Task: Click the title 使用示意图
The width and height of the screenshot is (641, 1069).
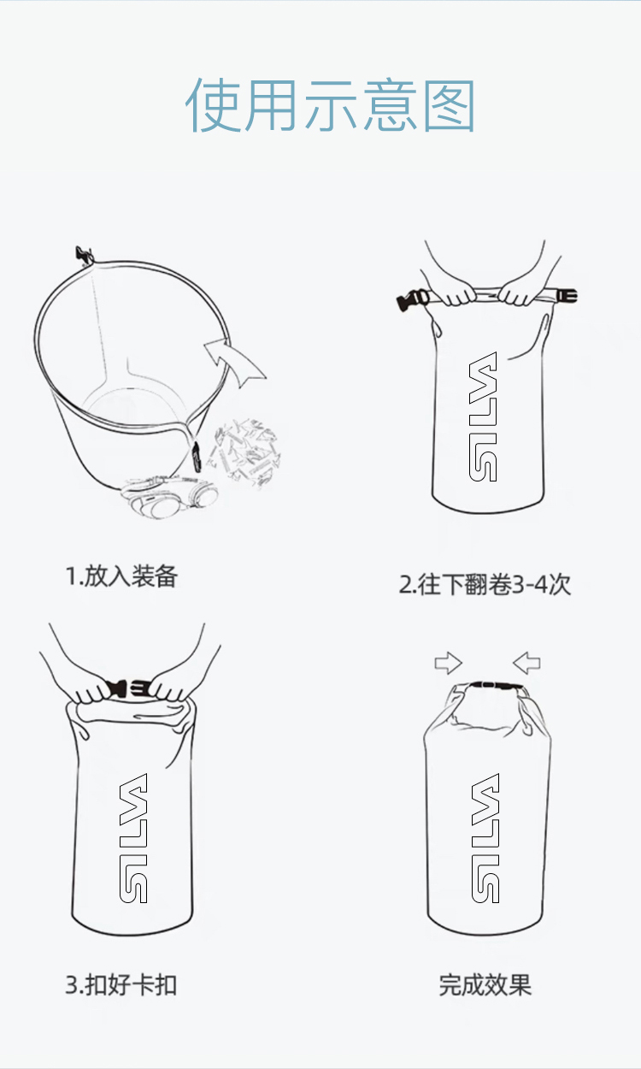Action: [x=330, y=105]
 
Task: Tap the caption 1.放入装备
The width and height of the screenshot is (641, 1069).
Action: [x=121, y=576]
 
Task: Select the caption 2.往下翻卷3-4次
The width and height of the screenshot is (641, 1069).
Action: [x=485, y=584]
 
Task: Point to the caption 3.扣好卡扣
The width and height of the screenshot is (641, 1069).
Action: [x=121, y=985]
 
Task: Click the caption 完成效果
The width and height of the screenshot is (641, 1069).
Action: [x=485, y=985]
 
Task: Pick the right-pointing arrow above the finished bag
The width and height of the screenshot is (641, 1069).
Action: [x=449, y=663]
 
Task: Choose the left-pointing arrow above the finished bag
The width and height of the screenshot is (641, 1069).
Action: [x=526, y=663]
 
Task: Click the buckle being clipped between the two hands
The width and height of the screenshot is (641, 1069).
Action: [x=129, y=688]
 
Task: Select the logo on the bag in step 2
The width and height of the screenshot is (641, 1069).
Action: [x=483, y=416]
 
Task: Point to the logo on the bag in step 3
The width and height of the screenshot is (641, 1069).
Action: [x=133, y=838]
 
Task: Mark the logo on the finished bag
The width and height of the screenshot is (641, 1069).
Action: [x=485, y=838]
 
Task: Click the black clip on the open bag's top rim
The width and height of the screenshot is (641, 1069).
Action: [x=84, y=256]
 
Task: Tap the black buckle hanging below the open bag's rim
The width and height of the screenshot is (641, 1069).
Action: [x=196, y=458]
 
